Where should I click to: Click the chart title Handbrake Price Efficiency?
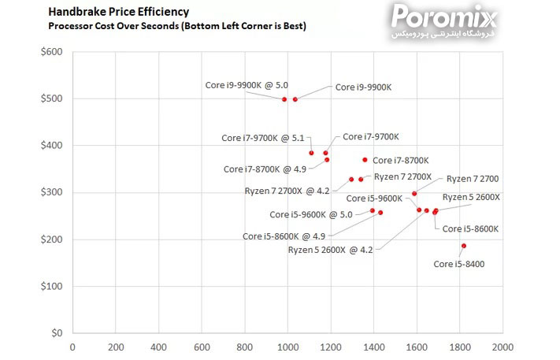click(x=118, y=12)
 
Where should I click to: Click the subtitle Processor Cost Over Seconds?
click(x=176, y=26)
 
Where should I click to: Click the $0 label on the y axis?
click(x=56, y=333)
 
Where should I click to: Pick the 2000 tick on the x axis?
click(x=503, y=347)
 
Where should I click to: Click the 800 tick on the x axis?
click(x=244, y=347)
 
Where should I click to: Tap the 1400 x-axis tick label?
click(x=373, y=347)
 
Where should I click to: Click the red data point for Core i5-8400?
click(x=464, y=246)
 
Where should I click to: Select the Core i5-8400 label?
click(x=458, y=264)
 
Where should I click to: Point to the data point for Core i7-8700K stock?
click(x=365, y=160)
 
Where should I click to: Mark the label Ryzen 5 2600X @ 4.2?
click(x=330, y=250)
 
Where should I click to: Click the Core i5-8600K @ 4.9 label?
click(x=284, y=236)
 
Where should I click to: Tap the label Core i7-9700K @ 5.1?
click(x=262, y=138)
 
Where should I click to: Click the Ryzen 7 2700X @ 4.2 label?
click(x=287, y=191)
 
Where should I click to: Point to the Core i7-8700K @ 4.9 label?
click(x=265, y=169)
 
